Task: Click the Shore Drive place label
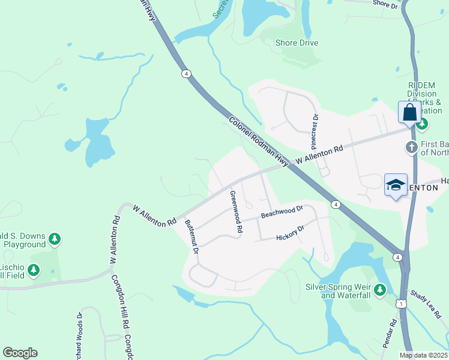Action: click(x=297, y=43)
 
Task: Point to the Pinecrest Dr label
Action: click(x=313, y=131)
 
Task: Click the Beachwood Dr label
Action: click(x=282, y=212)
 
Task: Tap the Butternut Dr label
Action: click(x=191, y=238)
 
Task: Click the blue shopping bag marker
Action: click(x=409, y=112)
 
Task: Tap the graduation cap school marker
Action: click(x=396, y=185)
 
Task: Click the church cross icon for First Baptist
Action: click(x=412, y=146)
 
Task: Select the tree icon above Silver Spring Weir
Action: click(x=379, y=290)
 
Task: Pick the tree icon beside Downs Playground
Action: click(x=55, y=239)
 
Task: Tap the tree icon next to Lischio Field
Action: click(x=34, y=271)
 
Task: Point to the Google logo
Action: click(x=20, y=353)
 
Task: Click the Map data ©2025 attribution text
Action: click(x=424, y=355)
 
